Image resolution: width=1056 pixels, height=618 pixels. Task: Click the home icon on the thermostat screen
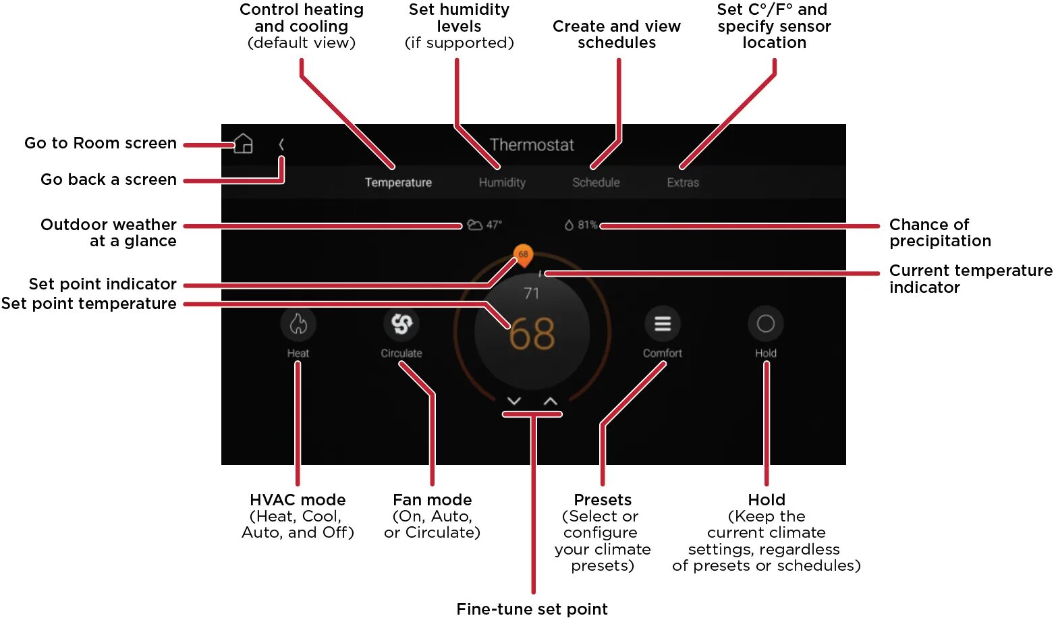[x=244, y=144]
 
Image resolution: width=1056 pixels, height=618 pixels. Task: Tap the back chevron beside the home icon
[x=281, y=144]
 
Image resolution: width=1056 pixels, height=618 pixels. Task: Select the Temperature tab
[x=398, y=182]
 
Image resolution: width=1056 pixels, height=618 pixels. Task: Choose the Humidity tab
[x=502, y=182]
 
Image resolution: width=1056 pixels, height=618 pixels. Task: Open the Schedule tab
[x=596, y=182]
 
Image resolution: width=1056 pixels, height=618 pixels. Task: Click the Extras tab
[x=683, y=182]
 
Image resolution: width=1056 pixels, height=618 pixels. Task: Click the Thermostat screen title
[x=532, y=145]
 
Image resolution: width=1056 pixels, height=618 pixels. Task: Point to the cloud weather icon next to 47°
[x=475, y=225]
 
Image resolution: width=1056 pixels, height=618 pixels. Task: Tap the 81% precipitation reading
[x=587, y=225]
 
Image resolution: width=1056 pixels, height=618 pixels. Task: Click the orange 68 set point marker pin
[x=523, y=255]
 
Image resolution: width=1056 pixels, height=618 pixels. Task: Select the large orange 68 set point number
[x=532, y=334]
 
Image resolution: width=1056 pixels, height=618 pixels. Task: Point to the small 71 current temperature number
[x=532, y=293]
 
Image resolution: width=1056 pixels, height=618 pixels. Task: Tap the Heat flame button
[x=298, y=325]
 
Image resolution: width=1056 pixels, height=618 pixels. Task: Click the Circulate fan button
[x=401, y=325]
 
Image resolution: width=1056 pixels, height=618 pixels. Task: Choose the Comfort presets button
[x=663, y=325]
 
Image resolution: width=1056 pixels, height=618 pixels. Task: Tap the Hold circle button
[x=766, y=325]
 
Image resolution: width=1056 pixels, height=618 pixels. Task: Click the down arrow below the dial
[x=514, y=401]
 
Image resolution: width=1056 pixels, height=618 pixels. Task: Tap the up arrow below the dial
[x=551, y=401]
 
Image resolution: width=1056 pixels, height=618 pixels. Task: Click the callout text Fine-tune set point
[x=532, y=609]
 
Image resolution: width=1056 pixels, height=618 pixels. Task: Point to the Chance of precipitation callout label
[x=940, y=233]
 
